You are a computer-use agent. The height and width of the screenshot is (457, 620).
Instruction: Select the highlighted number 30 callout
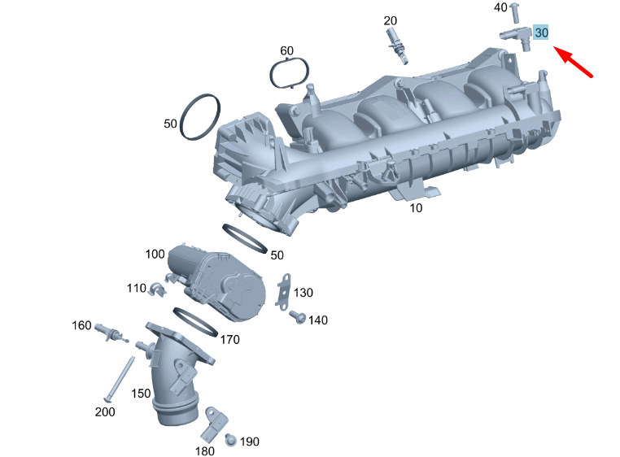[x=542, y=33]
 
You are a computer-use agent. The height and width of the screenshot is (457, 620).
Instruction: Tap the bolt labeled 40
[x=515, y=15]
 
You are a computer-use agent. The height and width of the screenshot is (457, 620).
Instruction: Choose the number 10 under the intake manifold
[x=416, y=208]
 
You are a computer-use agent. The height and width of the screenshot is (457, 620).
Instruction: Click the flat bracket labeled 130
[x=284, y=289]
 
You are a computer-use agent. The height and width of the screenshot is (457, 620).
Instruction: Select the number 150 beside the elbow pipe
[x=142, y=394]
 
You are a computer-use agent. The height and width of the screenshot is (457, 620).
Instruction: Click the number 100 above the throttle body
[x=155, y=255]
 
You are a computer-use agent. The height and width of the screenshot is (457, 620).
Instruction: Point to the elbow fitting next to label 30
[x=516, y=35]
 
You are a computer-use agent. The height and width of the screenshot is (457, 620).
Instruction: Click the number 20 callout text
[x=391, y=20]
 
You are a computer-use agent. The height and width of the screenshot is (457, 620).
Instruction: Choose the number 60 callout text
[x=286, y=51]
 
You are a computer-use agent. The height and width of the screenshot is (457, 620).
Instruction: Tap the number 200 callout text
[x=105, y=411]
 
